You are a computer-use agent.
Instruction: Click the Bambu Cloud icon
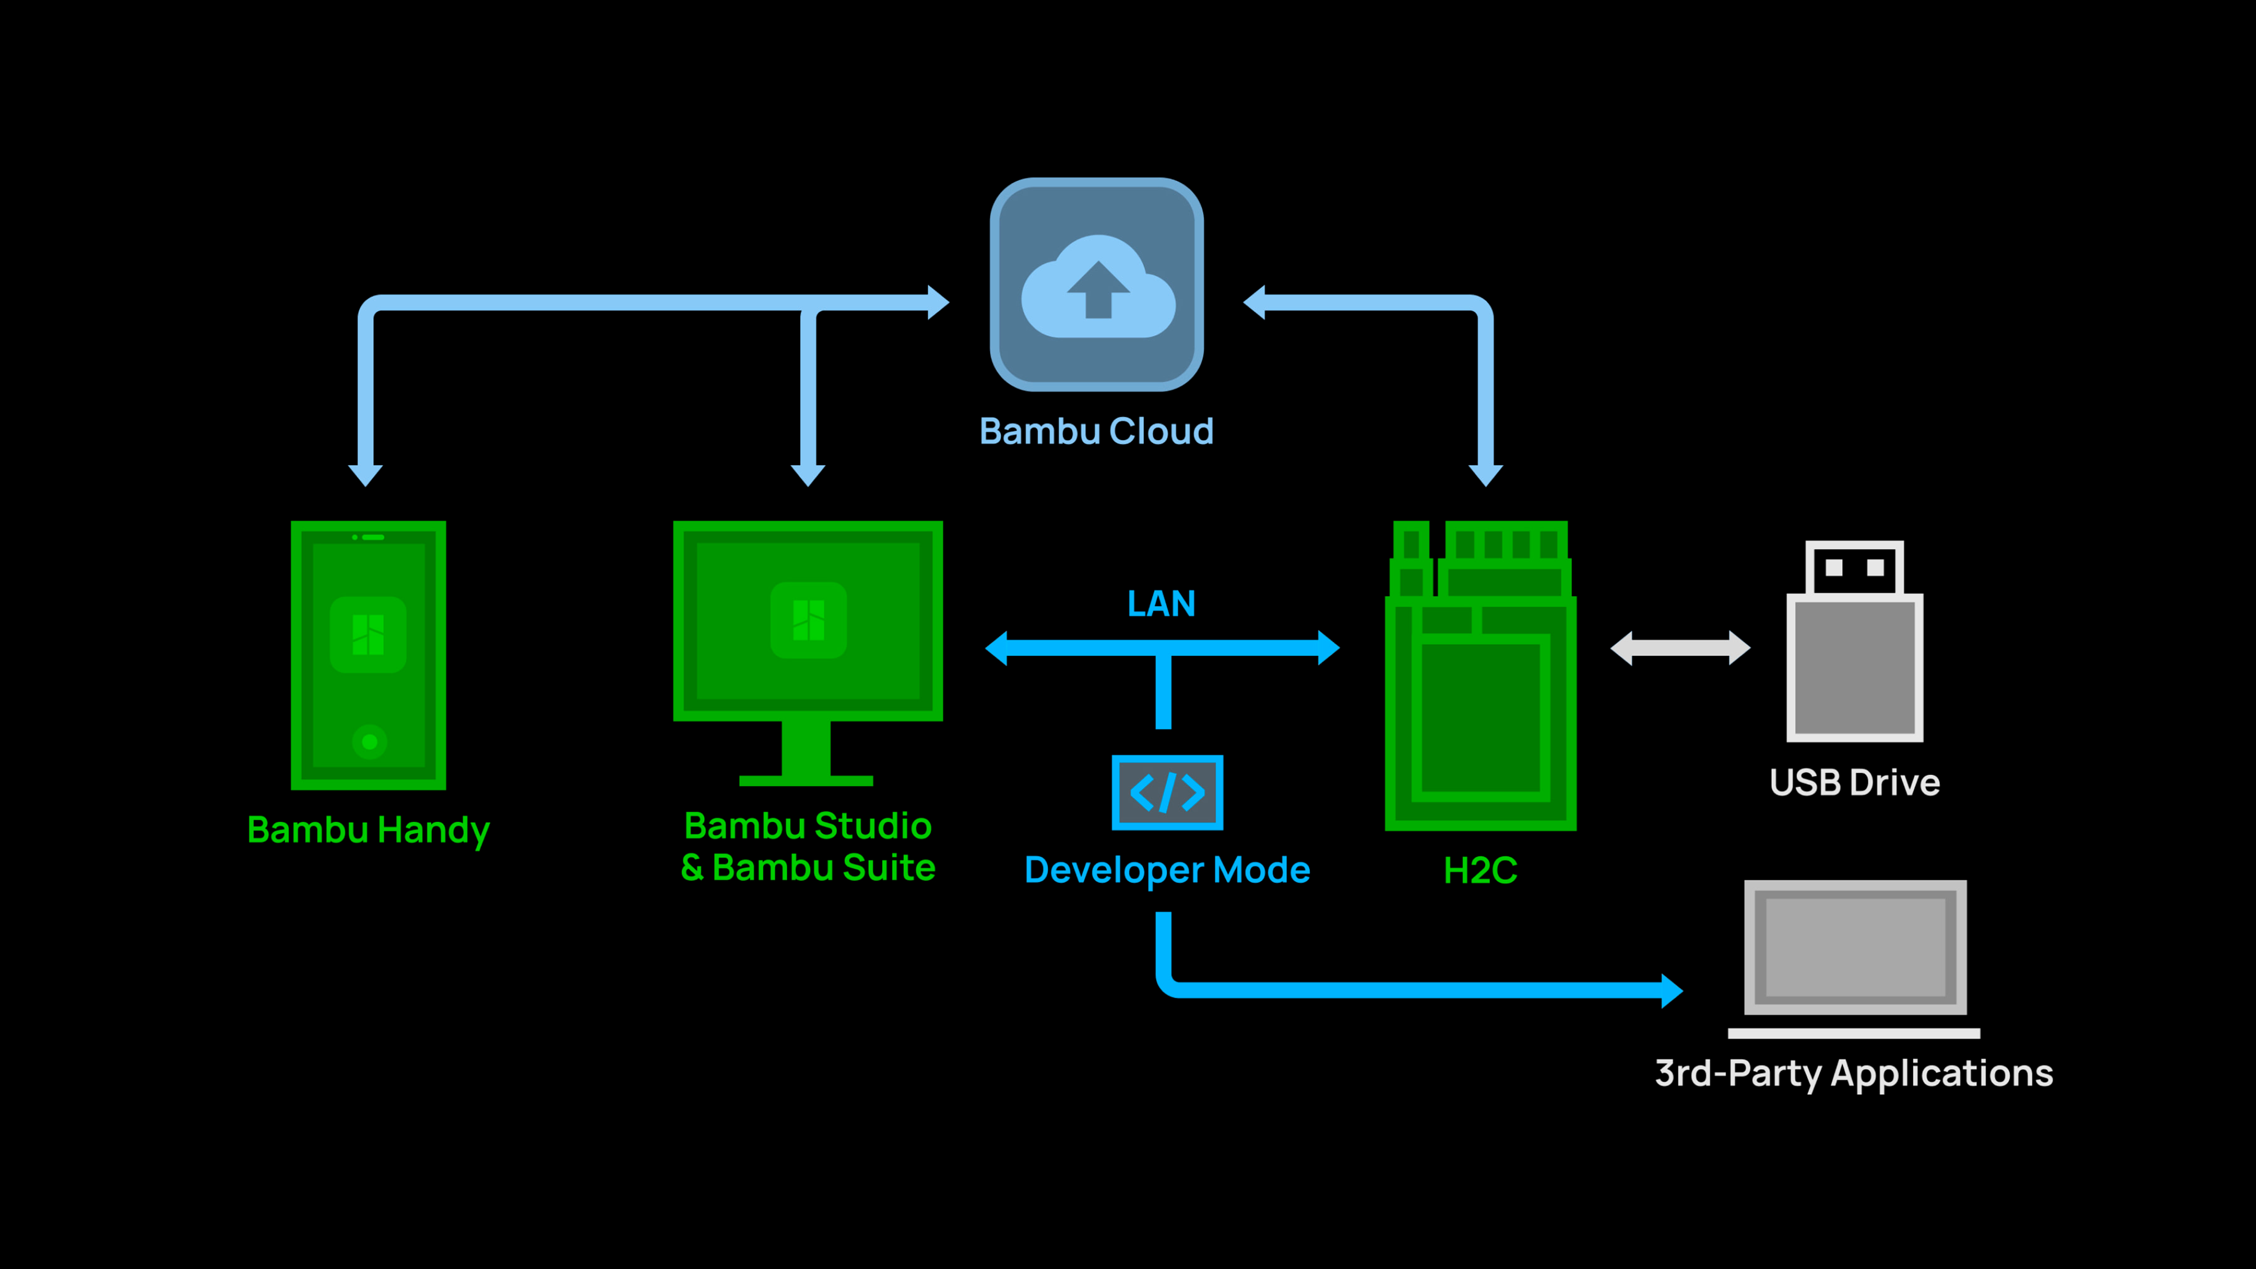pyautogui.click(x=1097, y=285)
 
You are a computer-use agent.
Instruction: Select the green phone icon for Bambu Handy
pyautogui.click(x=369, y=655)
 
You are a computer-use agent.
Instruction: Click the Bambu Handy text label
pyautogui.click(x=369, y=830)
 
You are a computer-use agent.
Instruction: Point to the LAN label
pyautogui.click(x=1161, y=604)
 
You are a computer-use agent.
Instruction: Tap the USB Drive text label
pyautogui.click(x=1855, y=782)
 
